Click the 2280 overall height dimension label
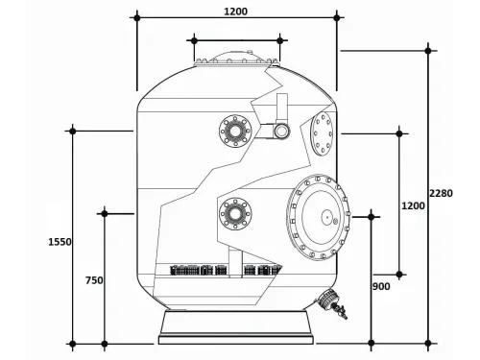442,193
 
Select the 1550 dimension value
59,242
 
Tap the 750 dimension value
93,280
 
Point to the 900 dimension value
382,286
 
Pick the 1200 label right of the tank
414,205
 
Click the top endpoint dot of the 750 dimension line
104,213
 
